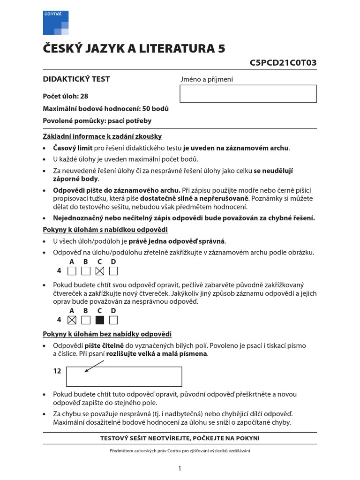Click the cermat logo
click(56, 22)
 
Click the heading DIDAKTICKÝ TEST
click(76, 79)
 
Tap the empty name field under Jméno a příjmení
click(248, 94)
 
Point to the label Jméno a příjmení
click(207, 80)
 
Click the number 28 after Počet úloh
click(84, 96)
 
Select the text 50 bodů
click(154, 109)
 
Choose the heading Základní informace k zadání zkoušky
click(102, 136)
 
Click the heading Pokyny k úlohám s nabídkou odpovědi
click(105, 230)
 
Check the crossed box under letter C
click(99, 271)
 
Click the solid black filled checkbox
click(99, 320)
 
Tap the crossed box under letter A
click(72, 320)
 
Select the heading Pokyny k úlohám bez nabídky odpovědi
click(107, 334)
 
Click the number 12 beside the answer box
click(57, 371)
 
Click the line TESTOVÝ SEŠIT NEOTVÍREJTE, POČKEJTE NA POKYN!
click(180, 438)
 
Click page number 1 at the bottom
click(180, 468)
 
